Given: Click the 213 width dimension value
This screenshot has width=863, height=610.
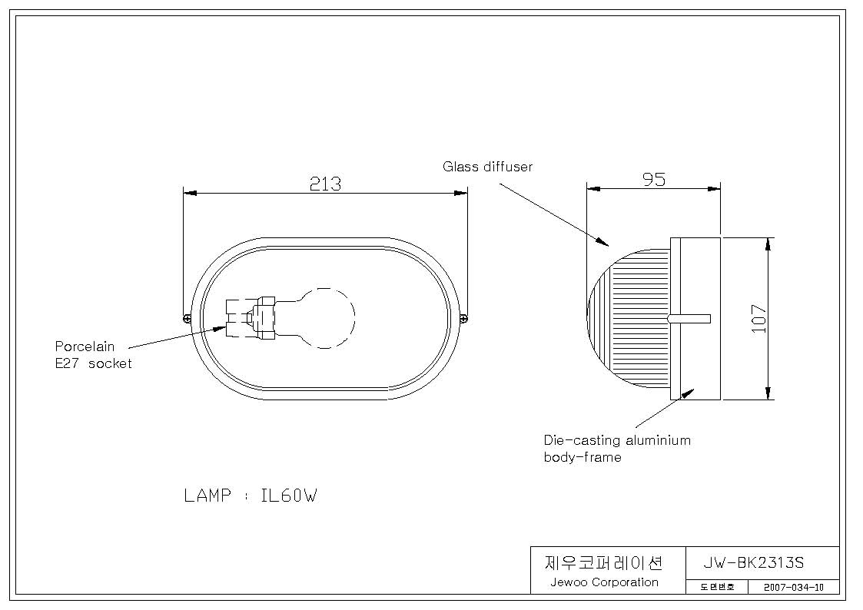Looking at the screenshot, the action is pos(325,183).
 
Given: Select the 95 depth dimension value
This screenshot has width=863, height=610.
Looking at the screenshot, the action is pos(654,179).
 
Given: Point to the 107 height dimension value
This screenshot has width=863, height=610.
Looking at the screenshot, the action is pos(759,319).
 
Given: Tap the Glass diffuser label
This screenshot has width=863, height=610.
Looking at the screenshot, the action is pos(488,166).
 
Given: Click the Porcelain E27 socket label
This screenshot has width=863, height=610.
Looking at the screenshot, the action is pos(93,355).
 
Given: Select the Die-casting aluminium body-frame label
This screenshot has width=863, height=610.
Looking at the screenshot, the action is pos(617,449).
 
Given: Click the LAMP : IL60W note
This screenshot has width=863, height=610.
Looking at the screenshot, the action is pos(251,496).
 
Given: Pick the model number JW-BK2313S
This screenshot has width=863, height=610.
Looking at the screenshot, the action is pos(754,562).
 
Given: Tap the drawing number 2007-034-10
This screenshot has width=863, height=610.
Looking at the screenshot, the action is pos(794,588).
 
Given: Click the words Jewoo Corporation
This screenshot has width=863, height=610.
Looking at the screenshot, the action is pos(604,582).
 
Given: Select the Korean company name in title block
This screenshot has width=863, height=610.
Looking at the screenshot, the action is pos(604,562).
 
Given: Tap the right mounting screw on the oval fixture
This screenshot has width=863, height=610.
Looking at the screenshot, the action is pos(463,318).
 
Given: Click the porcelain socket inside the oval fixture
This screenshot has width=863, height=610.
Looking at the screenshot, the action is pos(251,318).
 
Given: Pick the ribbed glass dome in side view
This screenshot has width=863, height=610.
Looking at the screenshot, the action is pos(629,319).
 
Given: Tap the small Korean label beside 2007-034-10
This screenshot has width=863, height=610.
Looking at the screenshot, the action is pos(717,588).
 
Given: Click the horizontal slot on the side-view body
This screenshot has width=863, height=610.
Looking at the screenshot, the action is pos(689,319).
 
